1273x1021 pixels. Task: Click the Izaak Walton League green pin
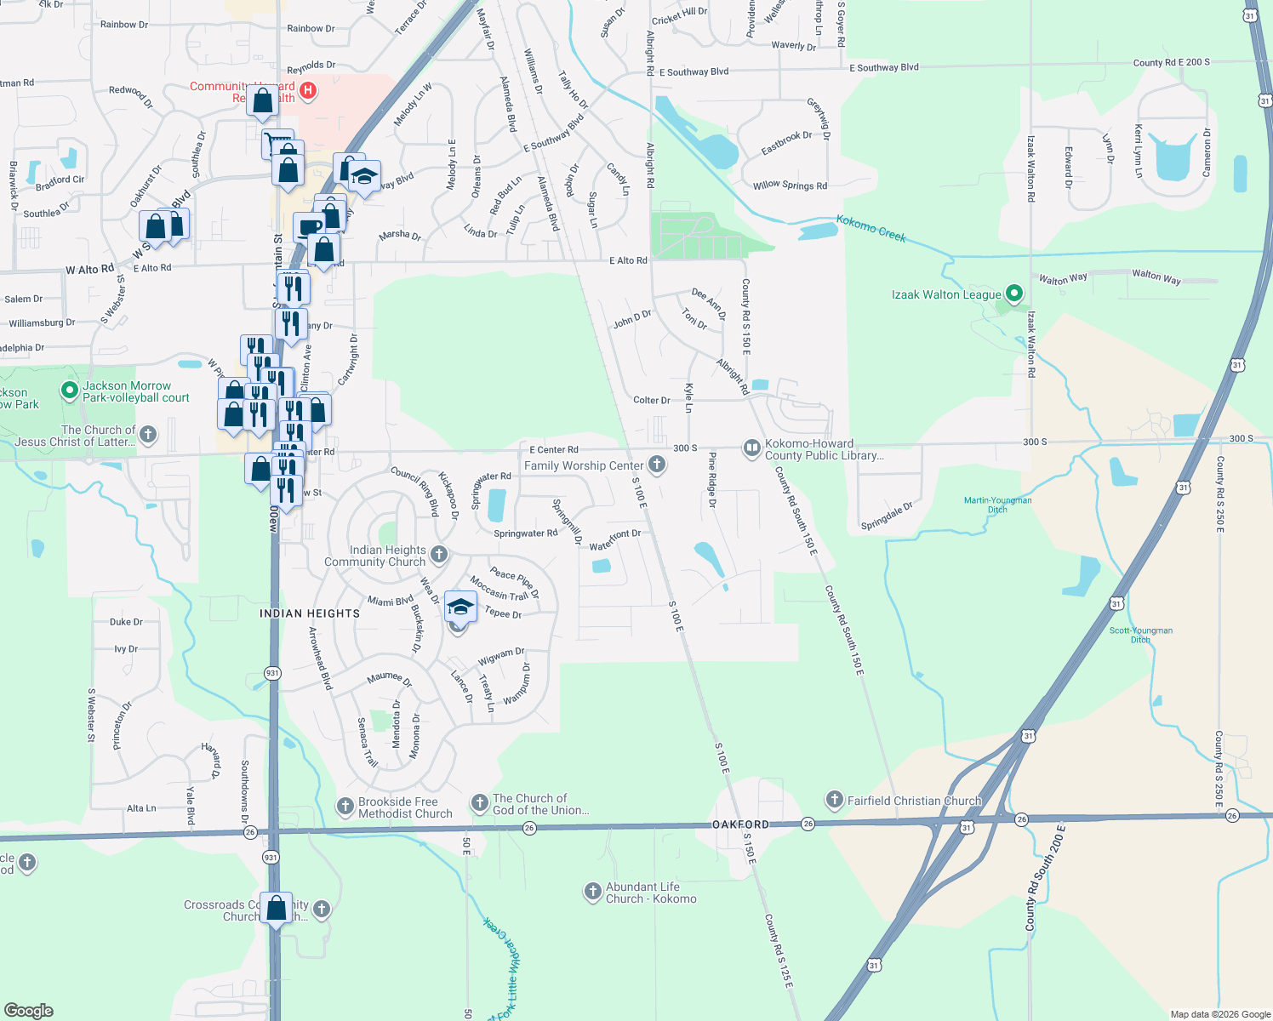point(1013,294)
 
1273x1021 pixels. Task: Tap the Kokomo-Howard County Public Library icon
point(751,448)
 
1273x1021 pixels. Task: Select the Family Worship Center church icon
point(656,465)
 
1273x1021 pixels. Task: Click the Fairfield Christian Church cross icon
point(834,800)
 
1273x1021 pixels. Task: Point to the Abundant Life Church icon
point(592,891)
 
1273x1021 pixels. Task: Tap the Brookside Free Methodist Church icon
point(345,806)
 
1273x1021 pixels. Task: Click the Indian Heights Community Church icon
point(439,555)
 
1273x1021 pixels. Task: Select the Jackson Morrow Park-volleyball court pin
point(70,391)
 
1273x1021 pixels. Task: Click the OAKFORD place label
point(740,824)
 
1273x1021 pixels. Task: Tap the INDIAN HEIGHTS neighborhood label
point(310,613)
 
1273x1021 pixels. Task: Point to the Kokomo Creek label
point(871,228)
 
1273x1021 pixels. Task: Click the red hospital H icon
point(309,89)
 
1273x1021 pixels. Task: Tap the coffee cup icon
point(308,226)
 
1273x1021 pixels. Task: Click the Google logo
point(29,1011)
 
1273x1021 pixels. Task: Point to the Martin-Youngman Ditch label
point(997,505)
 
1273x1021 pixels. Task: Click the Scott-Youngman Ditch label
point(1140,635)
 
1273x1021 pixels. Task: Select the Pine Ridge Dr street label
point(712,480)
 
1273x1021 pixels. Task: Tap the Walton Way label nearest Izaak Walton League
point(1063,278)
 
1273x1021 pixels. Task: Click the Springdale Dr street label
point(887,516)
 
